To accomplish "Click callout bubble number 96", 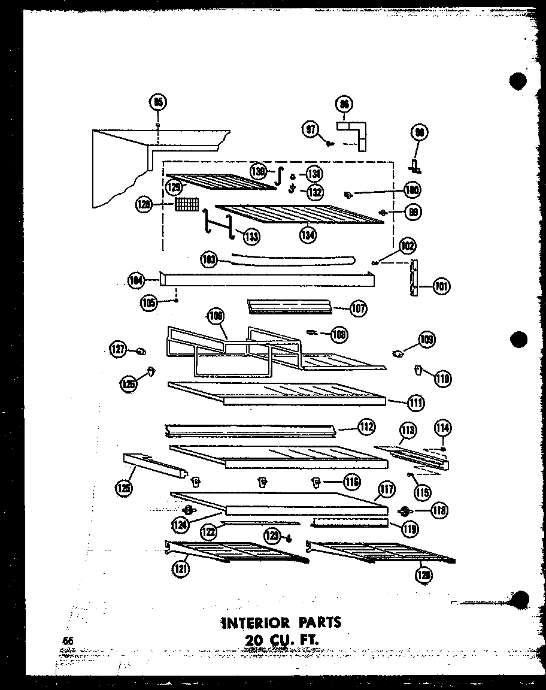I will (344, 104).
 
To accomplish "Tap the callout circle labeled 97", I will (311, 129).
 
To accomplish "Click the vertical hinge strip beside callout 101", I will (413, 277).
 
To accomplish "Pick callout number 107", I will (359, 308).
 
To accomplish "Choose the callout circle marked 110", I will (443, 378).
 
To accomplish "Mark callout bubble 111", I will (416, 403).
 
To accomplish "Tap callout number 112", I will (366, 427).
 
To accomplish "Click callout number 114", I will (443, 428).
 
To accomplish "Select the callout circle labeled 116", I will (351, 480).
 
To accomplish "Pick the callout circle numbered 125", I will (124, 488).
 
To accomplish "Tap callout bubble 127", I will (117, 349).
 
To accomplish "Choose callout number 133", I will (251, 237).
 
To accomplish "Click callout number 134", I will (308, 234).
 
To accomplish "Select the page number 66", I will (68, 641).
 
